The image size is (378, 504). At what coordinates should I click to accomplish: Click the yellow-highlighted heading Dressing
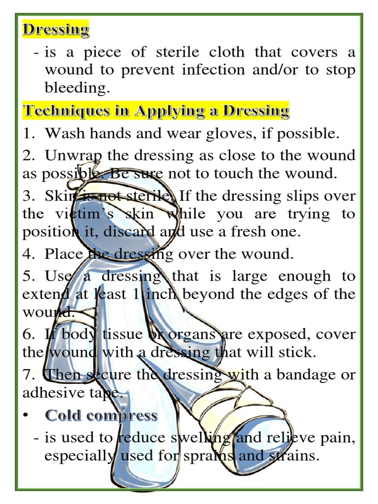click(x=56, y=29)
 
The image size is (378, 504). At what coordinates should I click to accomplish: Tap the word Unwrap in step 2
click(x=73, y=156)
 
